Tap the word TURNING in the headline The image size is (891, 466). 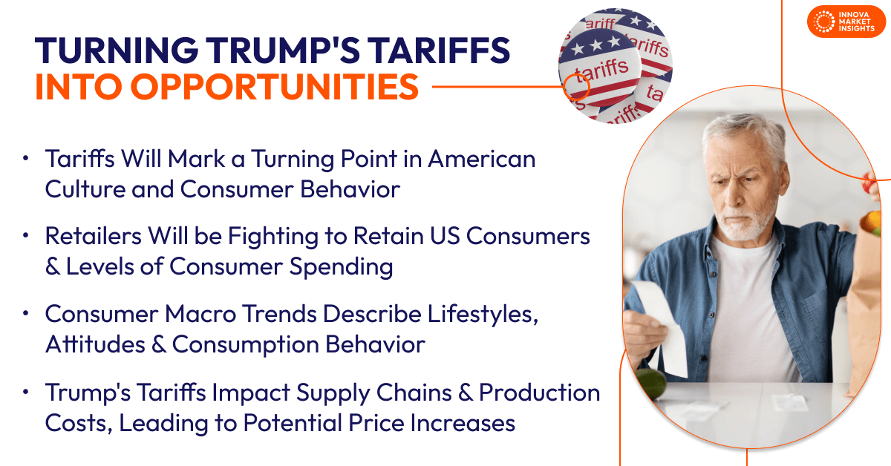pyautogui.click(x=112, y=51)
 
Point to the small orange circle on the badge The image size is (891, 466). pyautogui.click(x=577, y=88)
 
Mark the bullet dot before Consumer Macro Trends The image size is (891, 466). pyautogui.click(x=27, y=314)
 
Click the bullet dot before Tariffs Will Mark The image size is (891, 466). pyautogui.click(x=27, y=160)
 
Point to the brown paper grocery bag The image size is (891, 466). pyautogui.click(x=866, y=297)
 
